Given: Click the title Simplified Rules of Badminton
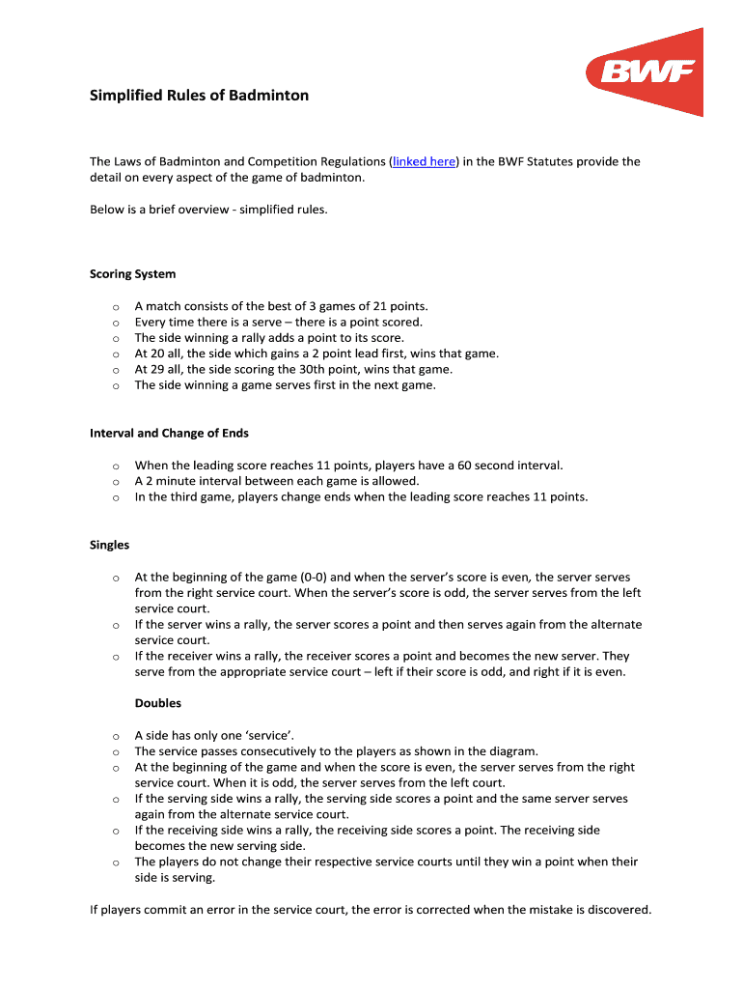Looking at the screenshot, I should (200, 96).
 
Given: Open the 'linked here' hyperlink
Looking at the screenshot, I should (424, 162).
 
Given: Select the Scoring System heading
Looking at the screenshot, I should (132, 274).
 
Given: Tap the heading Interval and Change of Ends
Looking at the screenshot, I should (169, 434).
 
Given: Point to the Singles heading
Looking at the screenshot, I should (109, 546).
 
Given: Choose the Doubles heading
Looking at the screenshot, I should (157, 704).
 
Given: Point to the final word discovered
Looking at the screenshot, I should (618, 910).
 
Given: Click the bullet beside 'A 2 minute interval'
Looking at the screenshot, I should (115, 482).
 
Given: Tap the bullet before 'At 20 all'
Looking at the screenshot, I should (115, 354).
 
